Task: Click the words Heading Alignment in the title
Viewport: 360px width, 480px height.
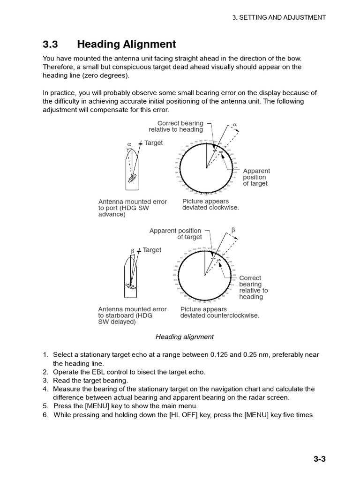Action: click(x=126, y=45)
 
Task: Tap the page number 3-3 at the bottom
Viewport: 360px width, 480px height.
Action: click(x=319, y=459)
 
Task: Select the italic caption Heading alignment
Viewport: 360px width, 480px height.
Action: click(x=184, y=337)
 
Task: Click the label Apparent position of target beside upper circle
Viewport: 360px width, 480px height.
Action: click(x=256, y=177)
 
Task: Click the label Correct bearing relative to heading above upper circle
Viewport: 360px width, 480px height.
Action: click(x=176, y=126)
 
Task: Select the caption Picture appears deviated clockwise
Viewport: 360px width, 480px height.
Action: click(x=210, y=204)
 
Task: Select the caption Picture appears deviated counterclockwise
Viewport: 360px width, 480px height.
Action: click(x=219, y=312)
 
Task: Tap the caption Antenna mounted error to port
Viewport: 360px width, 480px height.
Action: click(x=132, y=208)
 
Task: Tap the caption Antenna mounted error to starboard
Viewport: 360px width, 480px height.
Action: click(x=132, y=315)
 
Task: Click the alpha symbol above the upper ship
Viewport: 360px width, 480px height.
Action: click(x=129, y=144)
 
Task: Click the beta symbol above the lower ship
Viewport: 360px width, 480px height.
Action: click(x=133, y=251)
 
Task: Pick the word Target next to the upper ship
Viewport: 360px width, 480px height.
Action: click(x=153, y=143)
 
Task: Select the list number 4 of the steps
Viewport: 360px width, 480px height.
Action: click(x=45, y=389)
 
